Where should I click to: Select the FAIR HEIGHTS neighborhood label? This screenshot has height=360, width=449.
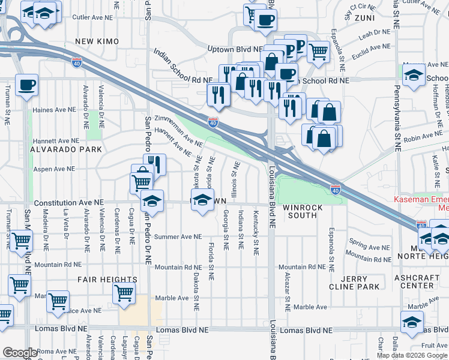(x=107, y=280)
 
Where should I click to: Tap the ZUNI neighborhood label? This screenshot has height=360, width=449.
(x=364, y=18)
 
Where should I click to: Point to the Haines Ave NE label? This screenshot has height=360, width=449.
(x=55, y=110)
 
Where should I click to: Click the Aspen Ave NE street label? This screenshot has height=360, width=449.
(x=53, y=170)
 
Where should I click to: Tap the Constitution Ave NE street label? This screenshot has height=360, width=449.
(x=68, y=204)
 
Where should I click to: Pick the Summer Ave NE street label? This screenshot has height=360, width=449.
(x=178, y=237)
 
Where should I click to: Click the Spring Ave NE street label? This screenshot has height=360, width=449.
(x=369, y=247)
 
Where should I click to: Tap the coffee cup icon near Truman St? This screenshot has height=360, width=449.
(x=26, y=83)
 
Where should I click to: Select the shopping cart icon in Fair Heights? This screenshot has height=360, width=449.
(x=124, y=293)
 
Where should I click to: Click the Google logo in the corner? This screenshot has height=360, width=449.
(x=20, y=353)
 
